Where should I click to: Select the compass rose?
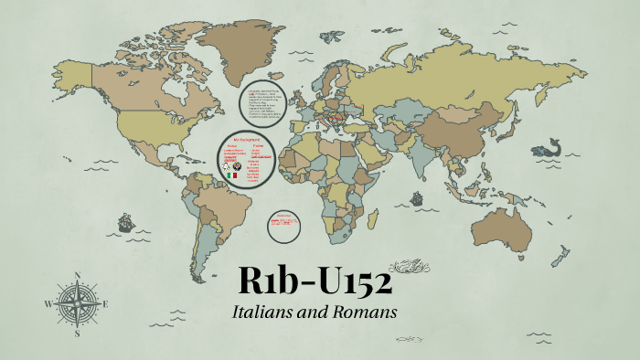pos(77,303)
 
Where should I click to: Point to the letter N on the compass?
pos(77,275)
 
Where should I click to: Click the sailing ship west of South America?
pos(124,223)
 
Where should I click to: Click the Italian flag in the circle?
pos(233,175)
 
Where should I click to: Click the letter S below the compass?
pos(77,334)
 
